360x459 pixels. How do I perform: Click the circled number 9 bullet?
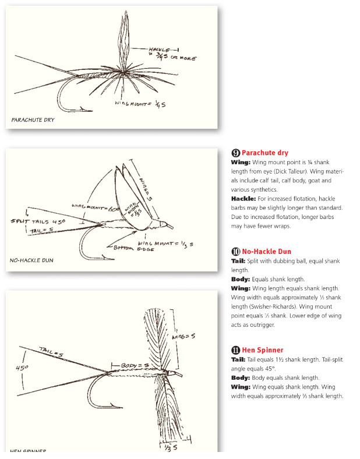(236, 153)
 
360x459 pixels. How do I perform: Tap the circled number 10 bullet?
(236, 252)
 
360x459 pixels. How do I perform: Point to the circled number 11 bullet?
(236, 350)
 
